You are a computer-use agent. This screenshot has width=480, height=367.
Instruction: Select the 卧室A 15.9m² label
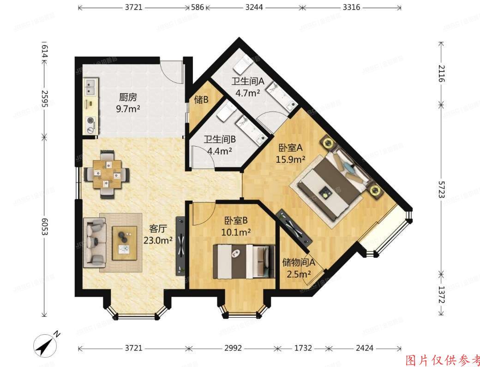pyautogui.click(x=290, y=154)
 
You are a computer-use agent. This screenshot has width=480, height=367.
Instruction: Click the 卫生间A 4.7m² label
pyautogui.click(x=247, y=87)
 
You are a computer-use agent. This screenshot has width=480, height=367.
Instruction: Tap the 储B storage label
pyautogui.click(x=201, y=100)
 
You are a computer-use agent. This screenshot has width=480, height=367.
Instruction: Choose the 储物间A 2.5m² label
pyautogui.click(x=298, y=268)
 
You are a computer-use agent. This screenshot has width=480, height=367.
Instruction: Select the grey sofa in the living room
pyautogui.click(x=95, y=243)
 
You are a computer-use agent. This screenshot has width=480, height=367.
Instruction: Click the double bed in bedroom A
pyautogui.click(x=334, y=183)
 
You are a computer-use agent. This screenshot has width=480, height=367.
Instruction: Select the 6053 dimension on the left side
pyautogui.click(x=45, y=226)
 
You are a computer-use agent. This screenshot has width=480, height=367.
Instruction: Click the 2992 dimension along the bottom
pyautogui.click(x=233, y=348)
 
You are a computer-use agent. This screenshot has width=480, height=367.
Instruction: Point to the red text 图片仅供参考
pyautogui.click(x=442, y=360)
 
